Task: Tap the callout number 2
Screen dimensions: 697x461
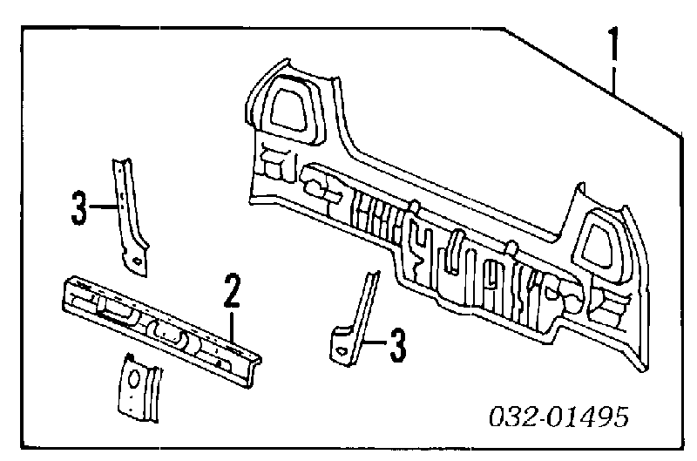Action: tap(232, 291)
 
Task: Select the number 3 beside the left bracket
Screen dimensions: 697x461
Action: tap(78, 207)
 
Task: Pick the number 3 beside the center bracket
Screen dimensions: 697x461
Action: tap(397, 345)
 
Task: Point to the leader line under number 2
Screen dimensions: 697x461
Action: tap(232, 328)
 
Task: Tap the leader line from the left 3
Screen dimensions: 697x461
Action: tap(104, 207)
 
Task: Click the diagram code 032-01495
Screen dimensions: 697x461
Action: tap(558, 417)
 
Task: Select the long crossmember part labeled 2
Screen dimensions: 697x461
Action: tap(161, 331)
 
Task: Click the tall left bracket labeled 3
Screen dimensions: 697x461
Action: tap(129, 217)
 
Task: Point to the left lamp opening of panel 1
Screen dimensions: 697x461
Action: tap(291, 109)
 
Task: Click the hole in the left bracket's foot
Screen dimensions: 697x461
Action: tap(138, 261)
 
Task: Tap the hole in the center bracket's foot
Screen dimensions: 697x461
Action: tap(342, 350)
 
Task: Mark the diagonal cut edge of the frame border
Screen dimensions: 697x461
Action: tap(593, 81)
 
